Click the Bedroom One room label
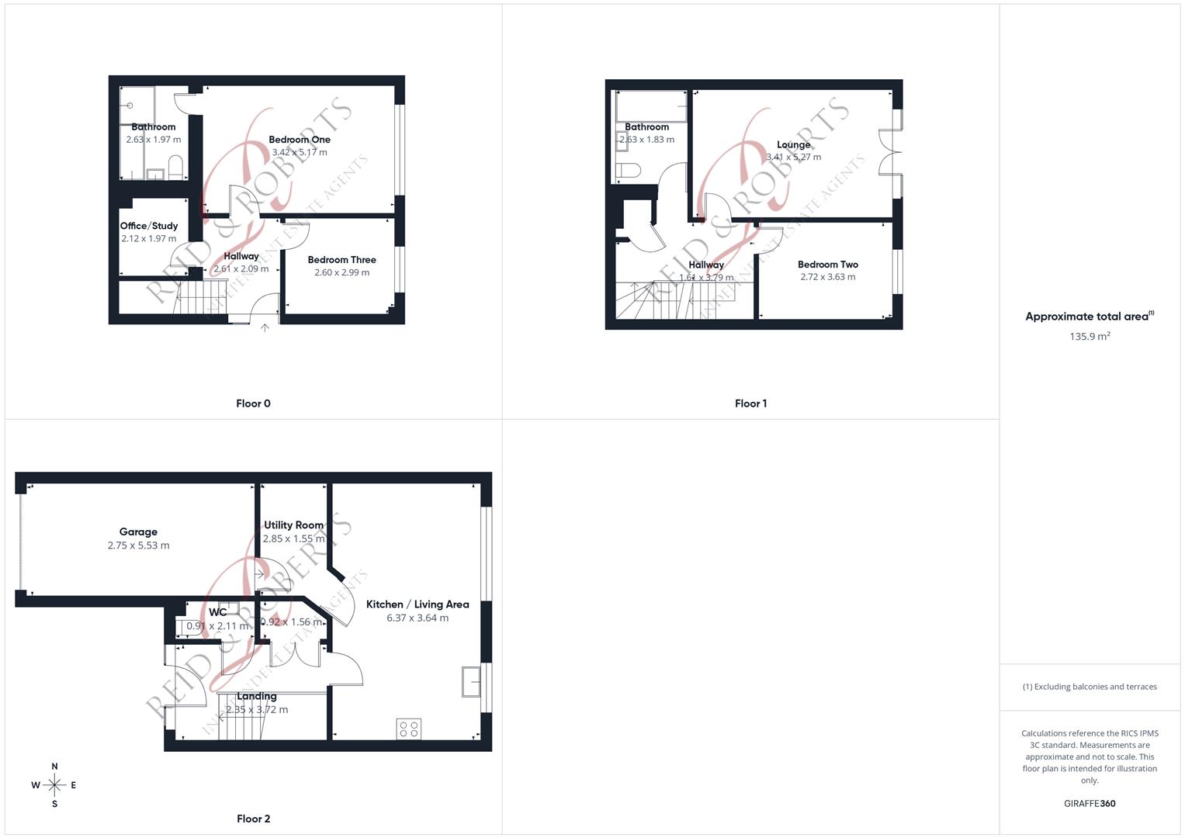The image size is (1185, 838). [x=300, y=140]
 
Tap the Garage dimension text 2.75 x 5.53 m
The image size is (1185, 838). [x=138, y=545]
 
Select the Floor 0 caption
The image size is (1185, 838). [x=253, y=403]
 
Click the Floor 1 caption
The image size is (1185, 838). [x=750, y=403]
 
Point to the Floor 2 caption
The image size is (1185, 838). [x=253, y=819]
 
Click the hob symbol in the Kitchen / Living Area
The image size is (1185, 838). [x=409, y=729]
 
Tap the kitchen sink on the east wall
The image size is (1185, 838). [x=471, y=681]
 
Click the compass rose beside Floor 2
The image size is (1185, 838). [x=54, y=785]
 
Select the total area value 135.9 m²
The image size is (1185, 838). [x=1090, y=337]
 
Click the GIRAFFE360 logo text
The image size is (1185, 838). [x=1090, y=804]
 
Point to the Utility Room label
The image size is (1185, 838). [x=293, y=525]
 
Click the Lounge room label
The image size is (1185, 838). [x=793, y=144]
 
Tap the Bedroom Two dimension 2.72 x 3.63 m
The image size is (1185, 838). [x=828, y=277]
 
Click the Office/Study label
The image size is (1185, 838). [x=149, y=226]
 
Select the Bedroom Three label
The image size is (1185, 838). [x=341, y=260]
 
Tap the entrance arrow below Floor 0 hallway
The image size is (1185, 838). [x=265, y=328]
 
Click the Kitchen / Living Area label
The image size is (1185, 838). [x=418, y=604]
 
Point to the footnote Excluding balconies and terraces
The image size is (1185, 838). [x=1090, y=687]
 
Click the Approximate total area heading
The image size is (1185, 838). [x=1088, y=317]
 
